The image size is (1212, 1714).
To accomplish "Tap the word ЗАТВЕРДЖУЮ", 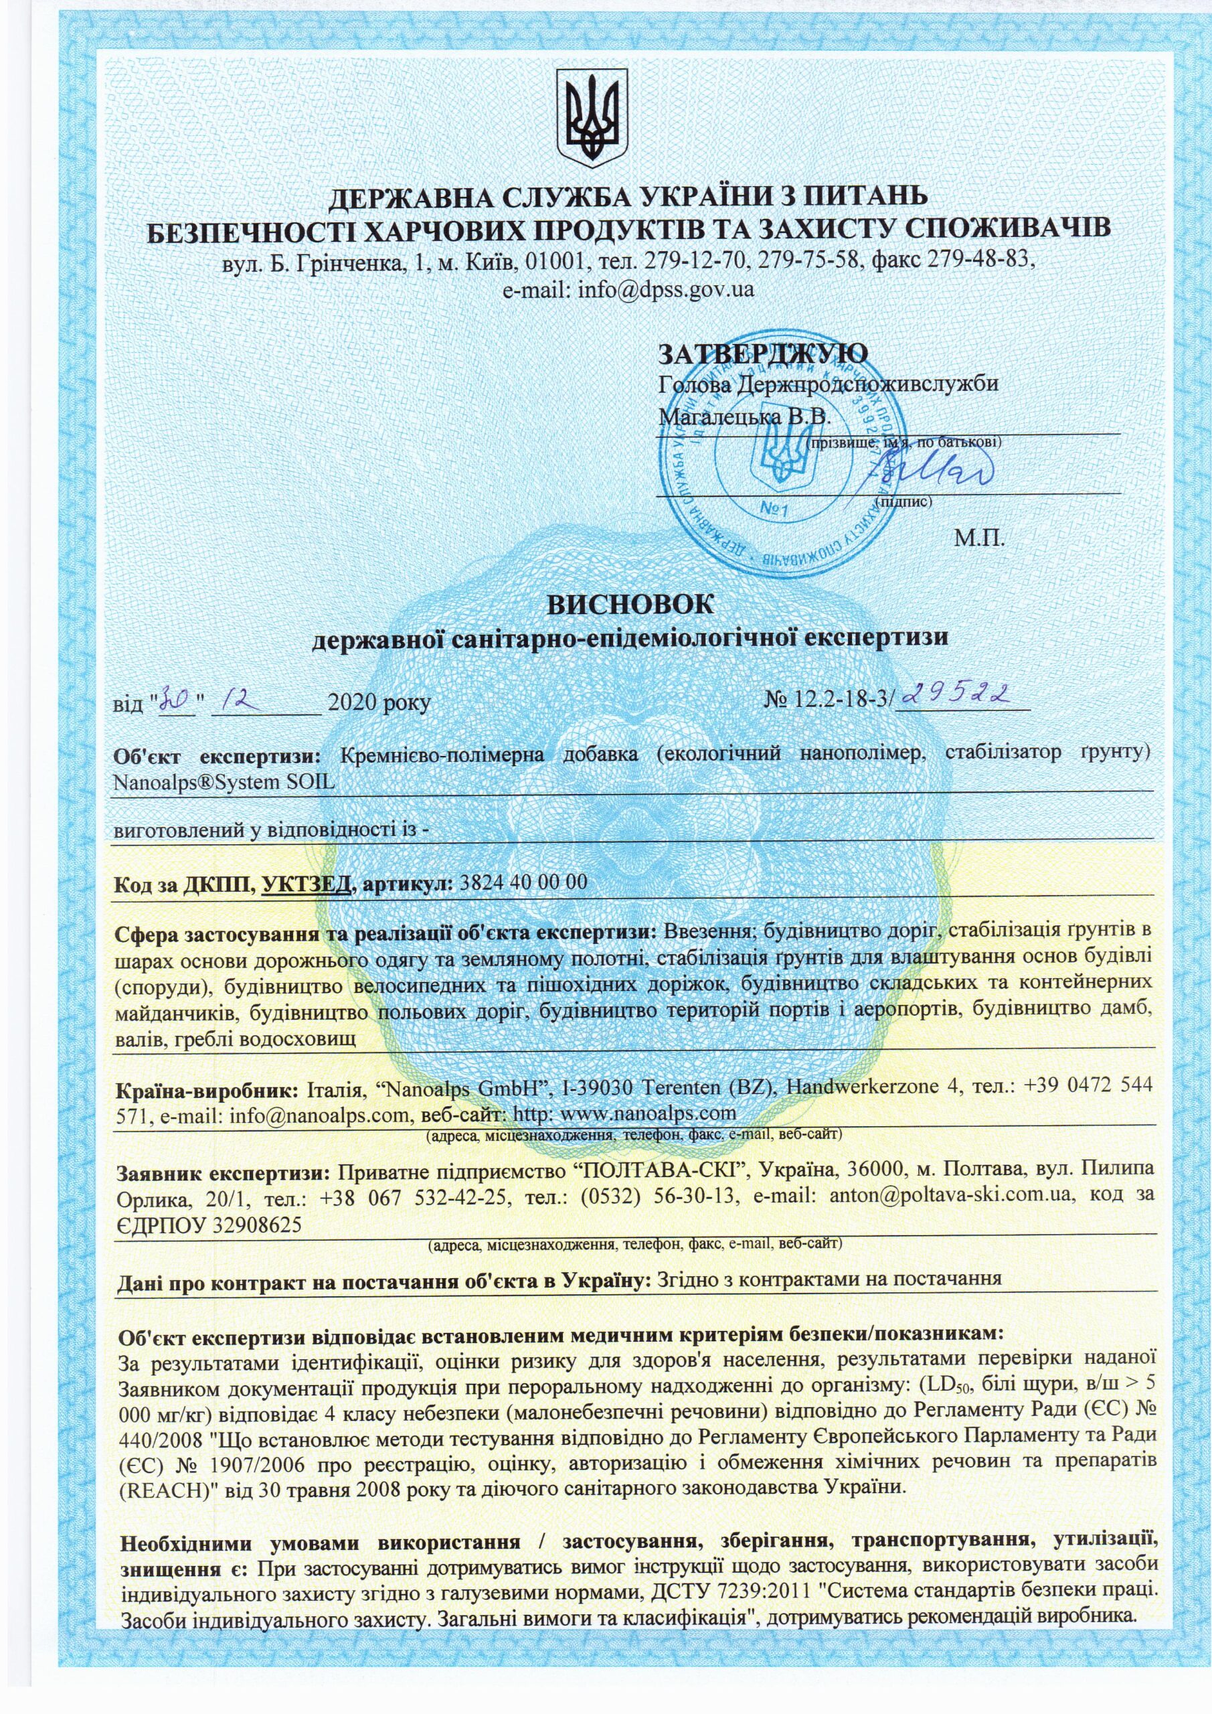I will point(763,352).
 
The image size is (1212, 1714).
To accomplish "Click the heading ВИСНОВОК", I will point(630,604).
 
